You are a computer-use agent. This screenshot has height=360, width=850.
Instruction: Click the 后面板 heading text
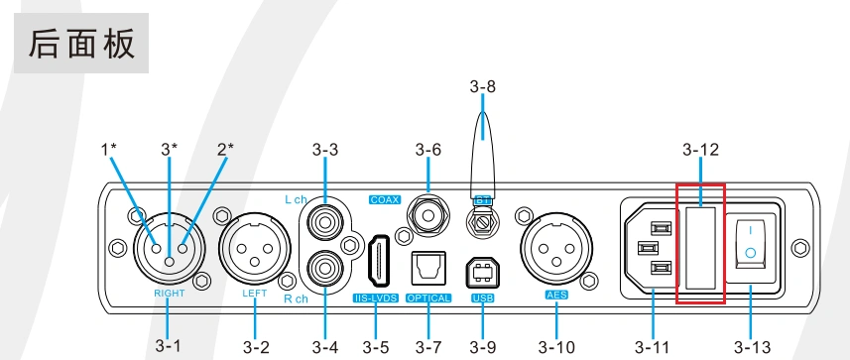[81, 44]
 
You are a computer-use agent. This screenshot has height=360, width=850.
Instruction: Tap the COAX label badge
[385, 199]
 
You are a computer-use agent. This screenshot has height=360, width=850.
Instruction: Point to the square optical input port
[428, 269]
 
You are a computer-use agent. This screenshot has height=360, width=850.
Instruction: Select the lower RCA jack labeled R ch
[324, 267]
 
